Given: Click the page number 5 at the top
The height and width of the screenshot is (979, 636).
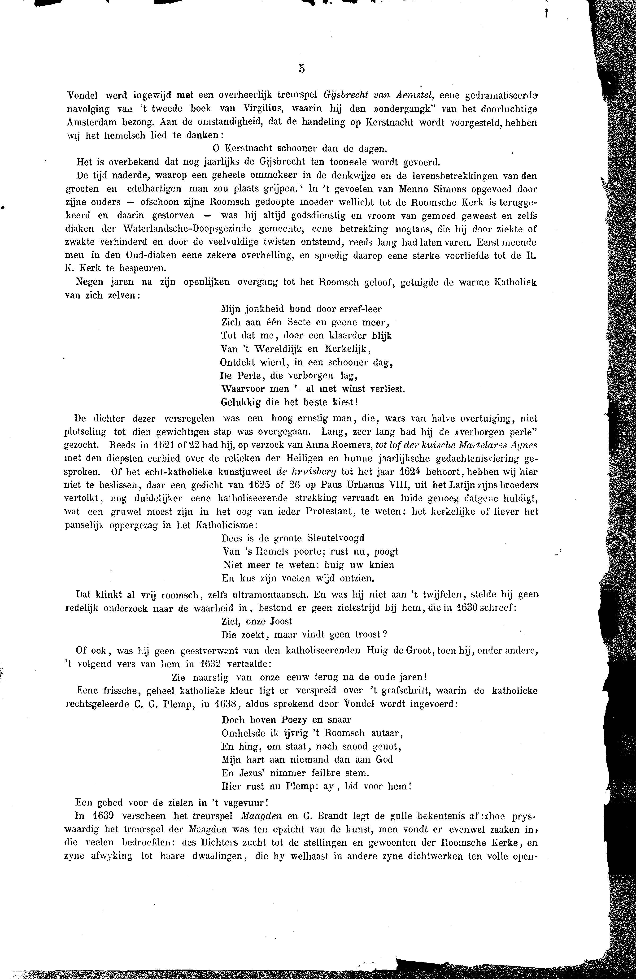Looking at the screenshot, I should (301, 69).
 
